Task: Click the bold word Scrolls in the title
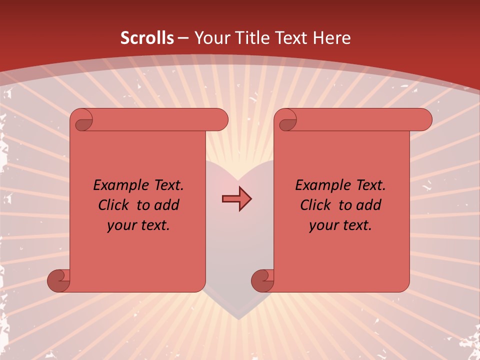pyautogui.click(x=147, y=38)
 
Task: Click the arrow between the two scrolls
pyautogui.click(x=236, y=199)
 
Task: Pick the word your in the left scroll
pyautogui.click(x=120, y=225)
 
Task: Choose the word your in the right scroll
pyautogui.click(x=322, y=225)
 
